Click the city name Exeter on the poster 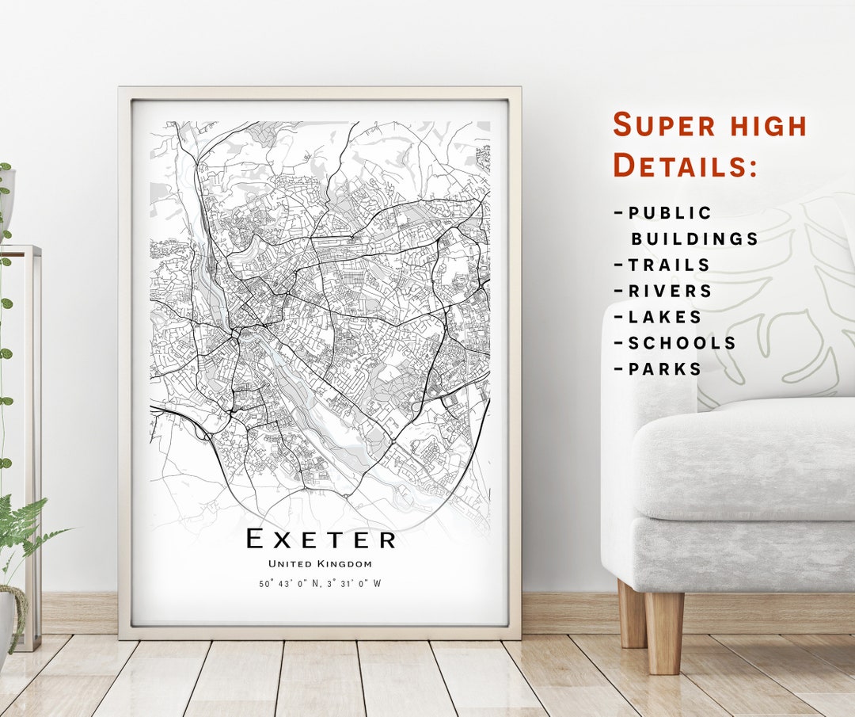point(321,540)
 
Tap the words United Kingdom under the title point(320,564)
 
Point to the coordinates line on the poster point(320,584)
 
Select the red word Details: point(686,166)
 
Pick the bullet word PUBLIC point(670,213)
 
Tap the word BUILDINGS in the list point(694,239)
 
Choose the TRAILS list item point(669,265)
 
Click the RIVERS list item point(670,292)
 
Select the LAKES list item point(665,318)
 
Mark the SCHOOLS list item point(682,343)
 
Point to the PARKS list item point(665,369)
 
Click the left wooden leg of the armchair point(632,615)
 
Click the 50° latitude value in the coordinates point(266,584)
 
